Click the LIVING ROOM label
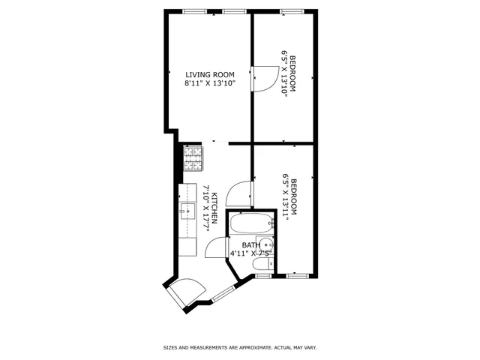coord(210,74)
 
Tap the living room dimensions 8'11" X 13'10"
coord(210,84)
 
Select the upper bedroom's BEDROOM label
coord(293,73)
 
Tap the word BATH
coord(250,244)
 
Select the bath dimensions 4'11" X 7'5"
coord(250,254)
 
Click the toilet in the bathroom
coord(262,263)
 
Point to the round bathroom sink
coord(269,244)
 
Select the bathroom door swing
coord(215,247)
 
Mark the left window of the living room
coord(195,11)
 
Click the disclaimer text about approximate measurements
coord(240,348)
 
